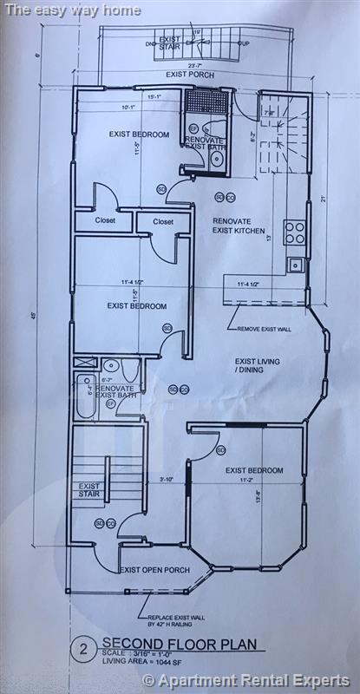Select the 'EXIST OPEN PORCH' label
coord(154,570)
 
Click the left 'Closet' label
coord(105,221)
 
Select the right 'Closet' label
coord(163,221)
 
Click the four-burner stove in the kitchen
coord(295,232)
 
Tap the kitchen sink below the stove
coord(296,265)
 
